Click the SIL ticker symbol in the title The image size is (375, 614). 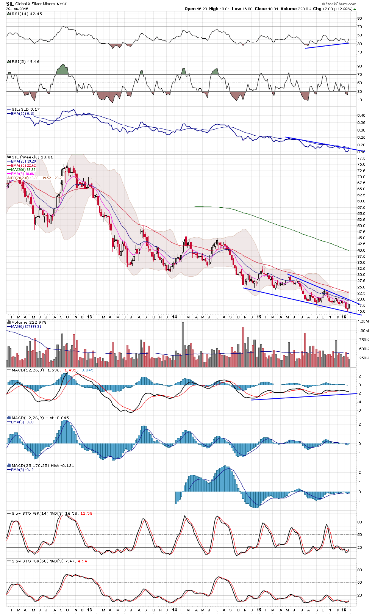pos(10,4)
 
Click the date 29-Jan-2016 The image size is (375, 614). pos(17,9)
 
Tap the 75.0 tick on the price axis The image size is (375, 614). pos(361,164)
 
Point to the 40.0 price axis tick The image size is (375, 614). pos(361,250)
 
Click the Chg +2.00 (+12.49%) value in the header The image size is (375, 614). pos(340,9)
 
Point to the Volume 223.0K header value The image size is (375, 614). pos(296,9)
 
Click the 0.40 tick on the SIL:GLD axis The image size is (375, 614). pos(361,115)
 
